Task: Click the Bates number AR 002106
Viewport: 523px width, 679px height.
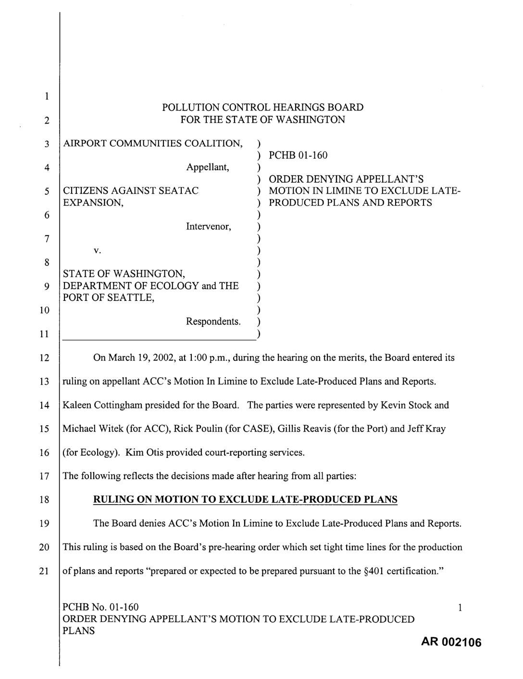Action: click(x=451, y=642)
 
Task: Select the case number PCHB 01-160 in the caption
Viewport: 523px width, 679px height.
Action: click(x=298, y=155)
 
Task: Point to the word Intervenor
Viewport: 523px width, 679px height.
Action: click(x=208, y=226)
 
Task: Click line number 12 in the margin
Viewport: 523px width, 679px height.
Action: click(x=44, y=358)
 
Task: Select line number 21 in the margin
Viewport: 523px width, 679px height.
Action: click(x=44, y=571)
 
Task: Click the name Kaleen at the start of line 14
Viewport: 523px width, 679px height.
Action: click(x=77, y=405)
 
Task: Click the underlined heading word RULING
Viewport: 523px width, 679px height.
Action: click(x=111, y=500)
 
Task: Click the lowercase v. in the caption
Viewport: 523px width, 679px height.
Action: click(x=97, y=250)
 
